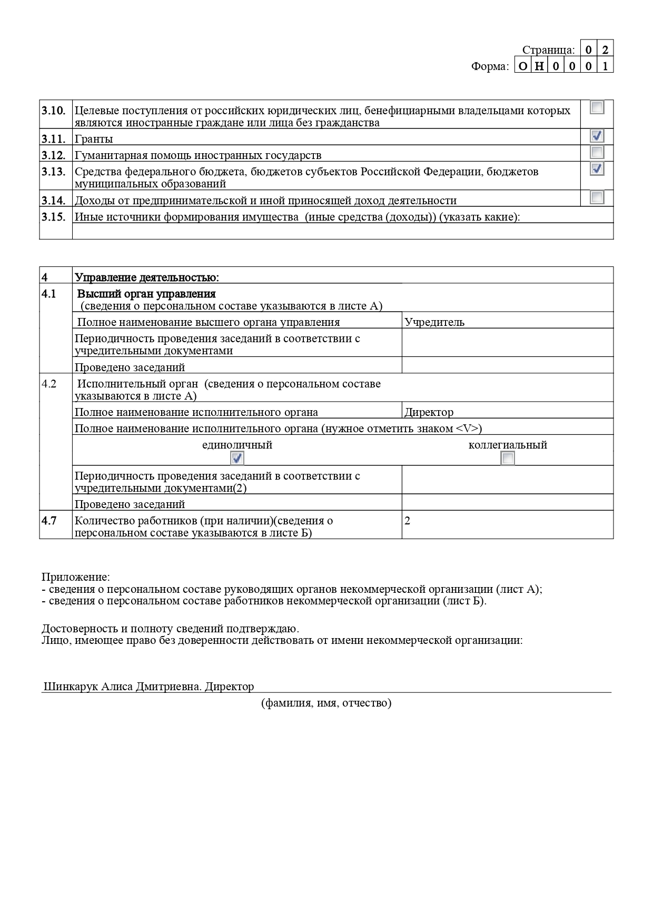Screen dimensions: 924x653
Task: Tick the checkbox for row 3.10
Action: [597, 107]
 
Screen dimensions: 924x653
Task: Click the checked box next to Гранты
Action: [597, 136]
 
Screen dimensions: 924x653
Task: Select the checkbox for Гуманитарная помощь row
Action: [597, 152]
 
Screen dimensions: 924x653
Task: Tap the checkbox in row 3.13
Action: [597, 168]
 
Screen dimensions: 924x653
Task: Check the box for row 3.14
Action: [597, 197]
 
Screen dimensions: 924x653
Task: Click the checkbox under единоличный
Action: [237, 458]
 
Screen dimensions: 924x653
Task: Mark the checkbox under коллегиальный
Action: [507, 458]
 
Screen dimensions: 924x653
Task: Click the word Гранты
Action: [94, 140]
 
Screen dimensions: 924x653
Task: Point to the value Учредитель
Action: [434, 322]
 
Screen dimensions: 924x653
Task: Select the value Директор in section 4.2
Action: [429, 412]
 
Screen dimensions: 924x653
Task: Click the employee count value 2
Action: [407, 521]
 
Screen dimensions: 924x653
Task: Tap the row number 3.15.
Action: [53, 217]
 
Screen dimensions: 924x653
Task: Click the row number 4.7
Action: [49, 521]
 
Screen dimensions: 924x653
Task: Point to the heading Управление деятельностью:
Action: [147, 277]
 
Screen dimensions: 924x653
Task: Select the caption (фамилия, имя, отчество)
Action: [326, 703]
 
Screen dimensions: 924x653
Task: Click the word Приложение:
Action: [76, 577]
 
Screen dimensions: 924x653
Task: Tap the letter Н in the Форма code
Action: [539, 66]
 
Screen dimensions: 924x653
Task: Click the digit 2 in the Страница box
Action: [605, 50]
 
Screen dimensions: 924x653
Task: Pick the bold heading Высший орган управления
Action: [146, 294]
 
